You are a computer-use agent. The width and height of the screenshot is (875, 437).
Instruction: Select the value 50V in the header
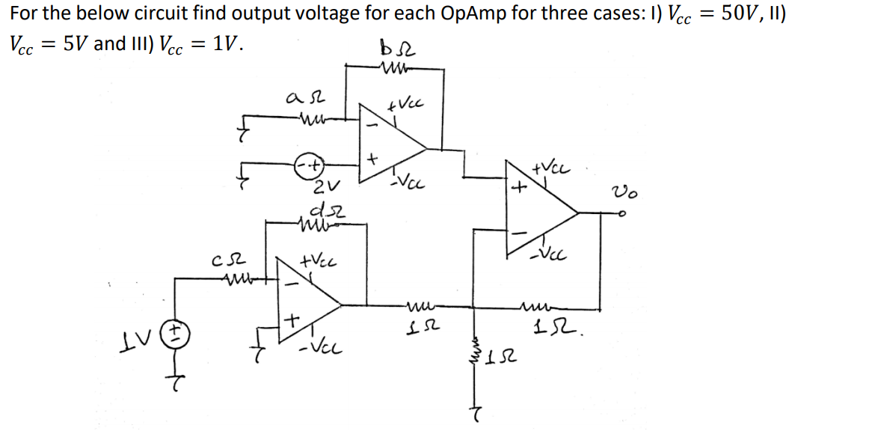[749, 14]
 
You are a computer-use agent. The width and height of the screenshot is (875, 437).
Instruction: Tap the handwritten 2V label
[328, 186]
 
